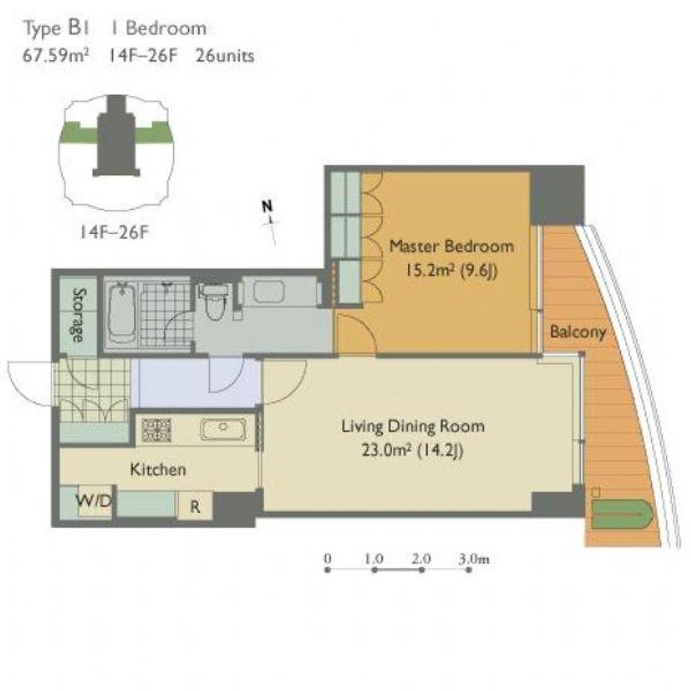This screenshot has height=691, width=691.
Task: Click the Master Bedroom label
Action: [451, 246]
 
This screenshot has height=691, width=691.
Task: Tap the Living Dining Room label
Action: [413, 426]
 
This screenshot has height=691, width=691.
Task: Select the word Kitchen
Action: [158, 470]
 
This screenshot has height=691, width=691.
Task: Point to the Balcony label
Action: [578, 331]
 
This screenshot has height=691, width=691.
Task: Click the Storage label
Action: [78, 315]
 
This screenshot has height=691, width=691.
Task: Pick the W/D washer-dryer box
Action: [94, 501]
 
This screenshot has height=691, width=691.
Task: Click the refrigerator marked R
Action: [195, 506]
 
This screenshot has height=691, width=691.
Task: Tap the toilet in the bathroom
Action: [215, 302]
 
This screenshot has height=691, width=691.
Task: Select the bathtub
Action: [121, 313]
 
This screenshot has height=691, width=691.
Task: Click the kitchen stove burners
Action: [157, 430]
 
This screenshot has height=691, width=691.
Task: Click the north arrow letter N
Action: [267, 206]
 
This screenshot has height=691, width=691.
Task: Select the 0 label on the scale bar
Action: [327, 559]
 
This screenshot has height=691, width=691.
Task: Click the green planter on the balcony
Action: [621, 514]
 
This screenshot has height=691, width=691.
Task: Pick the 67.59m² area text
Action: [55, 56]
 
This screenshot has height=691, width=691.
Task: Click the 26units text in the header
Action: [225, 56]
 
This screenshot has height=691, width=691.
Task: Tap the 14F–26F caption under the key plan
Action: [114, 232]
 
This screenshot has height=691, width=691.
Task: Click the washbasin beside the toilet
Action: [269, 292]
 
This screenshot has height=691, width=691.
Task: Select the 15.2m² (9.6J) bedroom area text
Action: [451, 270]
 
